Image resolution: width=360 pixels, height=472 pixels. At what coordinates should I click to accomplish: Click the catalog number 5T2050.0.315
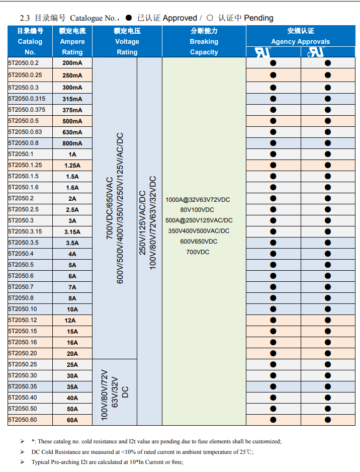[x=27, y=99]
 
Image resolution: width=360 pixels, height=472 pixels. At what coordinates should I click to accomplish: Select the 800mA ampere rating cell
[x=72, y=143]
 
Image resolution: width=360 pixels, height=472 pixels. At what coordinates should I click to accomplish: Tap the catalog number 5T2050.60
[x=23, y=419]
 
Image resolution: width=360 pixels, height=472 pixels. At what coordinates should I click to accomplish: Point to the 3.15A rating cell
[x=72, y=232]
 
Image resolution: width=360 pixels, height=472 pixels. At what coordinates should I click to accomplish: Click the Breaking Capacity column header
[x=204, y=41]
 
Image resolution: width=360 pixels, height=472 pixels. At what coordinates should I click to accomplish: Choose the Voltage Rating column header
[x=127, y=41]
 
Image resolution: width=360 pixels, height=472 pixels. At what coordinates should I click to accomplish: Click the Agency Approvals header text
[x=300, y=41]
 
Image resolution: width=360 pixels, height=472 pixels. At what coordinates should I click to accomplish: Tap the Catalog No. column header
[x=30, y=41]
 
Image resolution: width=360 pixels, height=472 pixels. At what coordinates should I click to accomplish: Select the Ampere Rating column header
[x=72, y=41]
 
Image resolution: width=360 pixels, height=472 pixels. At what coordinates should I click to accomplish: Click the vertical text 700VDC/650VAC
[x=109, y=208]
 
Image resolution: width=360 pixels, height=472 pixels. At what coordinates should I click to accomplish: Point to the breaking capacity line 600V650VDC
[x=199, y=241]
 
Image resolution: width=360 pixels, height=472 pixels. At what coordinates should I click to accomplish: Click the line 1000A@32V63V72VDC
[x=198, y=199]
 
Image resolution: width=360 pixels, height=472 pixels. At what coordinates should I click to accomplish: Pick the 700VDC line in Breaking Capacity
[x=198, y=252]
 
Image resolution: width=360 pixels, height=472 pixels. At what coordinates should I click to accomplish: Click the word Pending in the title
[x=258, y=18]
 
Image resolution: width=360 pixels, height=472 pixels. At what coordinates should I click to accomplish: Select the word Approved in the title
[x=179, y=18]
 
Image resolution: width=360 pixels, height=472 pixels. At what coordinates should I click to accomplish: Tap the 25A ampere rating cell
[x=72, y=365]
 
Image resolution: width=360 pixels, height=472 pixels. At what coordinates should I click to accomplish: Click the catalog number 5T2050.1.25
[x=25, y=165]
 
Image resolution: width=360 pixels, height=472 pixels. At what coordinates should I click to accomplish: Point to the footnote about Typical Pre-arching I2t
[x=107, y=462]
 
